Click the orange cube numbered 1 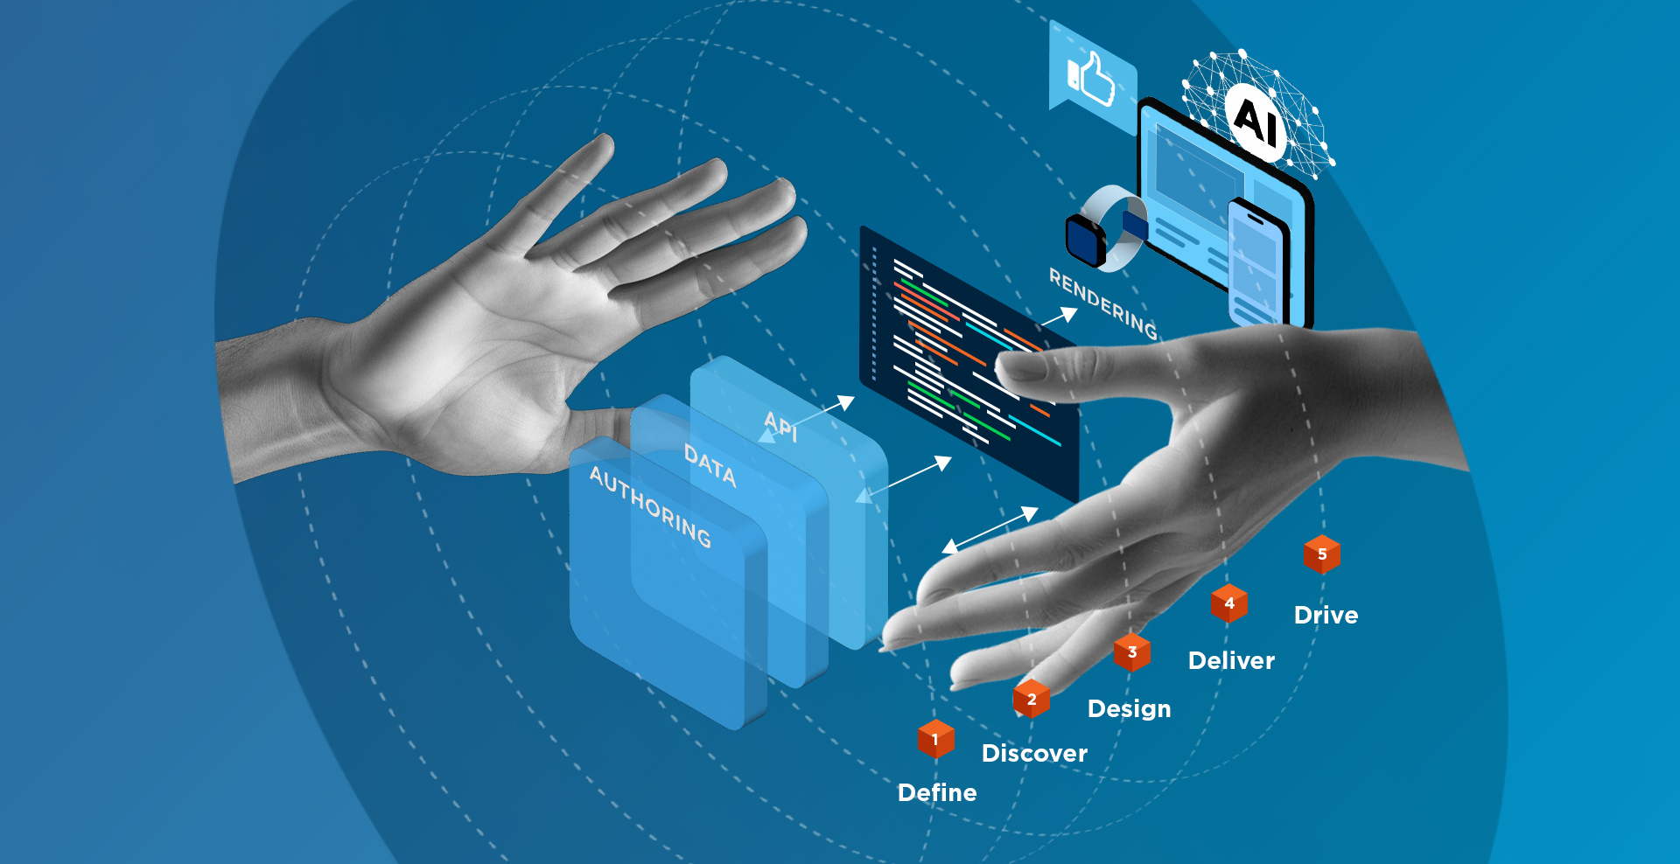pos(935,740)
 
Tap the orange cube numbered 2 pos(1031,700)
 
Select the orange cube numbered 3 pos(1131,652)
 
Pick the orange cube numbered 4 pos(1228,603)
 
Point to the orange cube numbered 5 pos(1321,554)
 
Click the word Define pos(937,792)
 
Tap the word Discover pos(1034,753)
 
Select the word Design pos(1129,708)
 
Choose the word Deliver pos(1231,660)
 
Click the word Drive pos(1326,615)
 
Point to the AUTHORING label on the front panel pos(650,506)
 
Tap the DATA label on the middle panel pos(710,465)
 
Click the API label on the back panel pos(780,426)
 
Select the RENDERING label pos(1103,303)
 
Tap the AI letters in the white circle pos(1256,121)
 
